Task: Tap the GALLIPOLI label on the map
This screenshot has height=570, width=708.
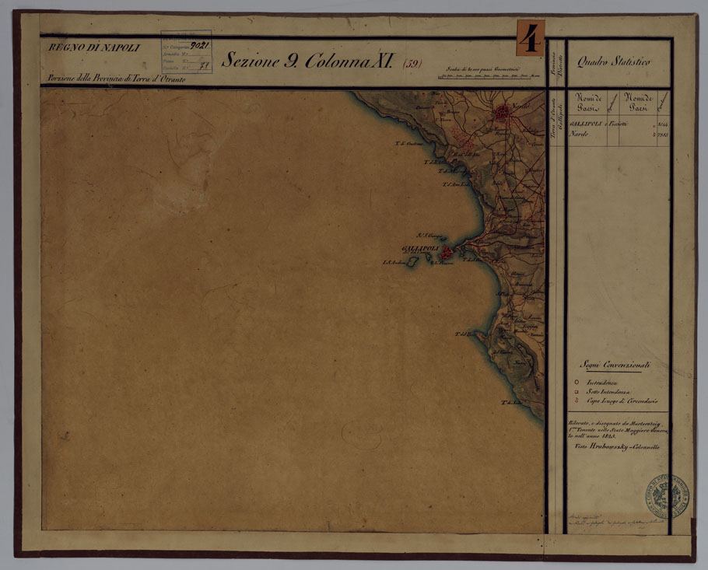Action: (x=419, y=248)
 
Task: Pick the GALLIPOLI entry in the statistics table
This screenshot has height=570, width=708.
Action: (x=586, y=124)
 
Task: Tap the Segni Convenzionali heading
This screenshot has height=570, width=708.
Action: (x=614, y=365)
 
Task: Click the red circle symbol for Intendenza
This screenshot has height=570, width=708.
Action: (x=576, y=383)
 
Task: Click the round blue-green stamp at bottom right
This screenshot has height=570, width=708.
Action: (x=667, y=494)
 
